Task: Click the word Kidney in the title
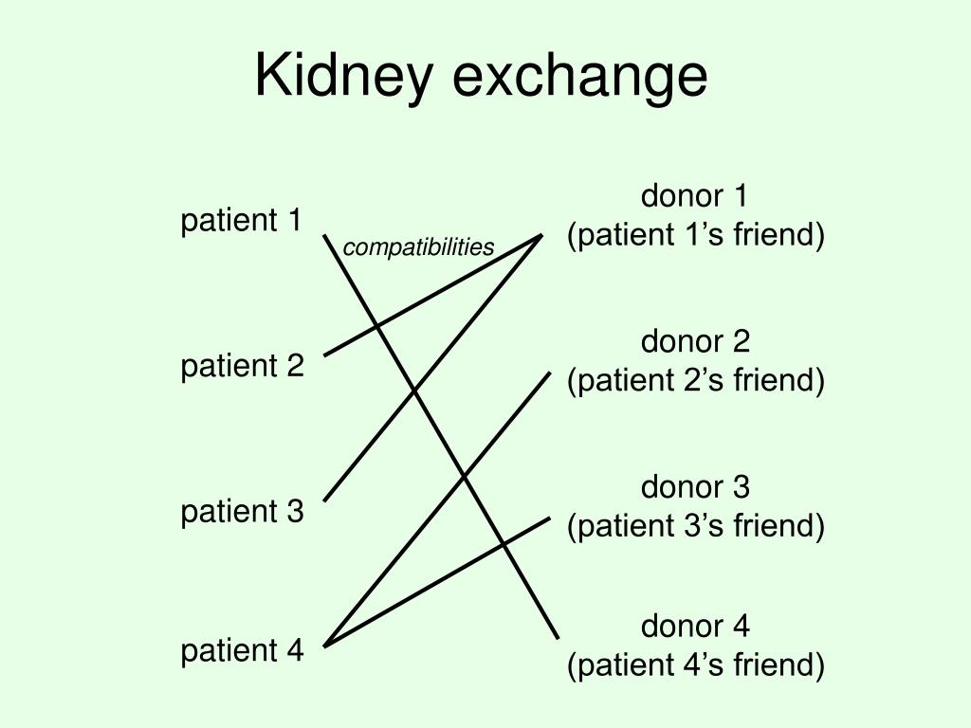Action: pos(343,76)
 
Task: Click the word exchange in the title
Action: pos(580,76)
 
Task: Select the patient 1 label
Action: pos(241,221)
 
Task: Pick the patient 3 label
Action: pos(242,512)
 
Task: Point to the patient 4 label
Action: pos(242,651)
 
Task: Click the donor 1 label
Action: pos(695,196)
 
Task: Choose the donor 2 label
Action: pos(695,341)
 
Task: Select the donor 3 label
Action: pos(695,487)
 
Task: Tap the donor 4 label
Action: pos(695,627)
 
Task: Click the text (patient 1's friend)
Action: pos(696,235)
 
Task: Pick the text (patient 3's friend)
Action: pos(696,526)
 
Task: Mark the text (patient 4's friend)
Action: pos(696,665)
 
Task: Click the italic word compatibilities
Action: pos(418,247)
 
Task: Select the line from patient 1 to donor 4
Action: pos(441,436)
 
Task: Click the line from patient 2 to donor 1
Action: pos(432,296)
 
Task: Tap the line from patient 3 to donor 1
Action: pos(432,368)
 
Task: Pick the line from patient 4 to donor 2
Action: pos(437,509)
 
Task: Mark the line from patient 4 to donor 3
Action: pos(437,582)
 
